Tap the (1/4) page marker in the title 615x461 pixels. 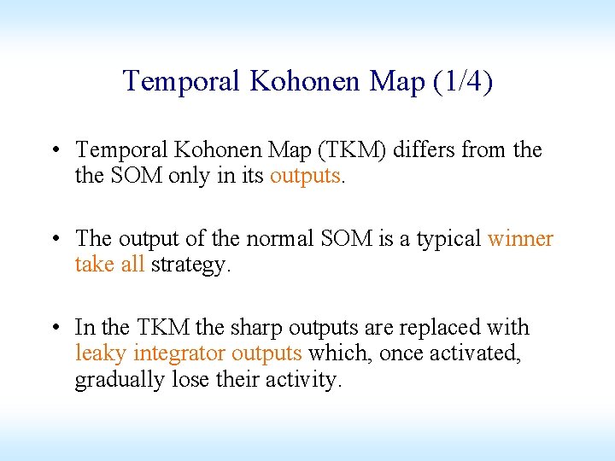pos(462,81)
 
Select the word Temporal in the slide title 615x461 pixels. pos(182,81)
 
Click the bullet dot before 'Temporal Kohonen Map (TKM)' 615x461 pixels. pos(54,151)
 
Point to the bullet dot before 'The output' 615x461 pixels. pos(54,239)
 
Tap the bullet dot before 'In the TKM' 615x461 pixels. pos(54,328)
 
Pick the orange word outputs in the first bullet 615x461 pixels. pos(305,177)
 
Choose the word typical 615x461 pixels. pos(448,239)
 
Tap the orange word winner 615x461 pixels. pos(520,239)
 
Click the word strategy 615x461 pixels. pos(189,266)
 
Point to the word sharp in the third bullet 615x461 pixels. pos(257,328)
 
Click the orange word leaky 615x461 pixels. pos(101,353)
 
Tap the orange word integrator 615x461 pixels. pos(179,353)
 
